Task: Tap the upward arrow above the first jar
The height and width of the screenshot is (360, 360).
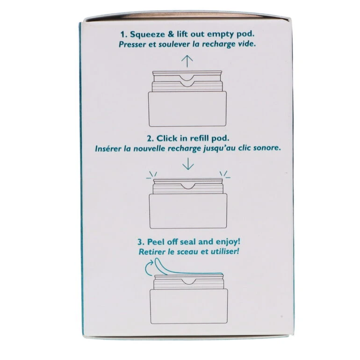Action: coord(187,61)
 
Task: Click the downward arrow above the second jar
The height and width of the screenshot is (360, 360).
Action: coord(188,164)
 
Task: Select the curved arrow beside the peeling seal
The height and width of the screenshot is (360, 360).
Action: coord(149,268)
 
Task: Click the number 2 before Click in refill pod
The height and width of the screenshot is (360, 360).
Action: coord(151,139)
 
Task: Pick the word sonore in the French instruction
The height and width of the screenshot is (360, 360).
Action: coord(266,148)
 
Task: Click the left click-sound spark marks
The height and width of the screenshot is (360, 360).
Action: coord(152,175)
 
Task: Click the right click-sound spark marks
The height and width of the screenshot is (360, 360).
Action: coord(225,174)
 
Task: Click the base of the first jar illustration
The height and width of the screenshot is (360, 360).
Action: coord(187,109)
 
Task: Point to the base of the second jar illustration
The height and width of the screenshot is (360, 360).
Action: coord(188,211)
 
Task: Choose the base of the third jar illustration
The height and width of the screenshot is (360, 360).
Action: coord(189,306)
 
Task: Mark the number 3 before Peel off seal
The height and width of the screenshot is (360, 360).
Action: coord(141,242)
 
